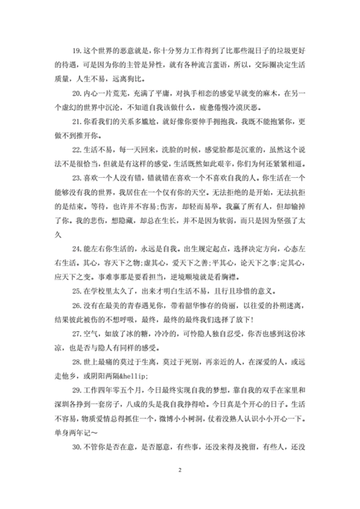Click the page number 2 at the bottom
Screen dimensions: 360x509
pos(180,492)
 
